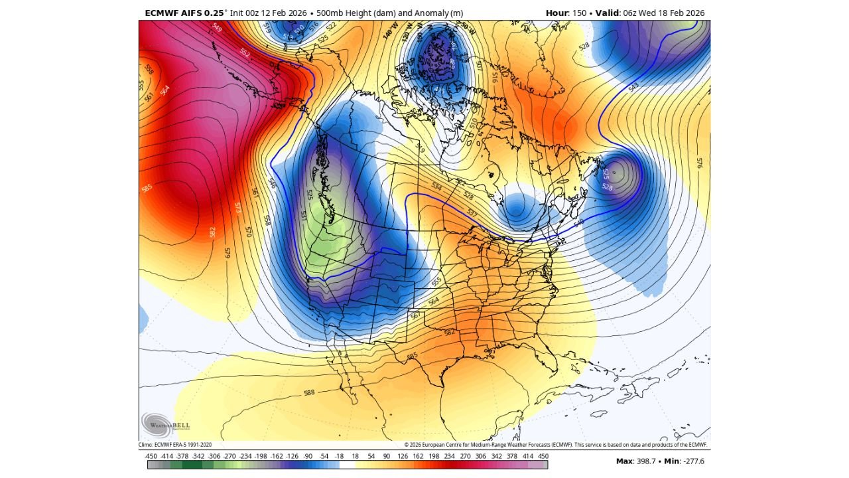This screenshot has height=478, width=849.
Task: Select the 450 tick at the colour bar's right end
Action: tap(543, 456)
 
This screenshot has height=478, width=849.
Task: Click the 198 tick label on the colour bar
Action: tap(434, 456)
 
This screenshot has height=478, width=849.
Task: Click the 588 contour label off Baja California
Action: tap(309, 392)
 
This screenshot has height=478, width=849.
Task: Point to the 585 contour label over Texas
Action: tap(412, 357)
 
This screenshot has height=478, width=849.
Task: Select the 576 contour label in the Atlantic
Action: tap(698, 162)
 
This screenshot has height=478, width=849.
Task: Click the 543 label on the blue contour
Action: tap(633, 87)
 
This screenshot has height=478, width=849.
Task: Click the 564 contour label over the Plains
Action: tap(433, 301)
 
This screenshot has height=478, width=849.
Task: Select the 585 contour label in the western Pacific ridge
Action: tap(147, 189)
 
